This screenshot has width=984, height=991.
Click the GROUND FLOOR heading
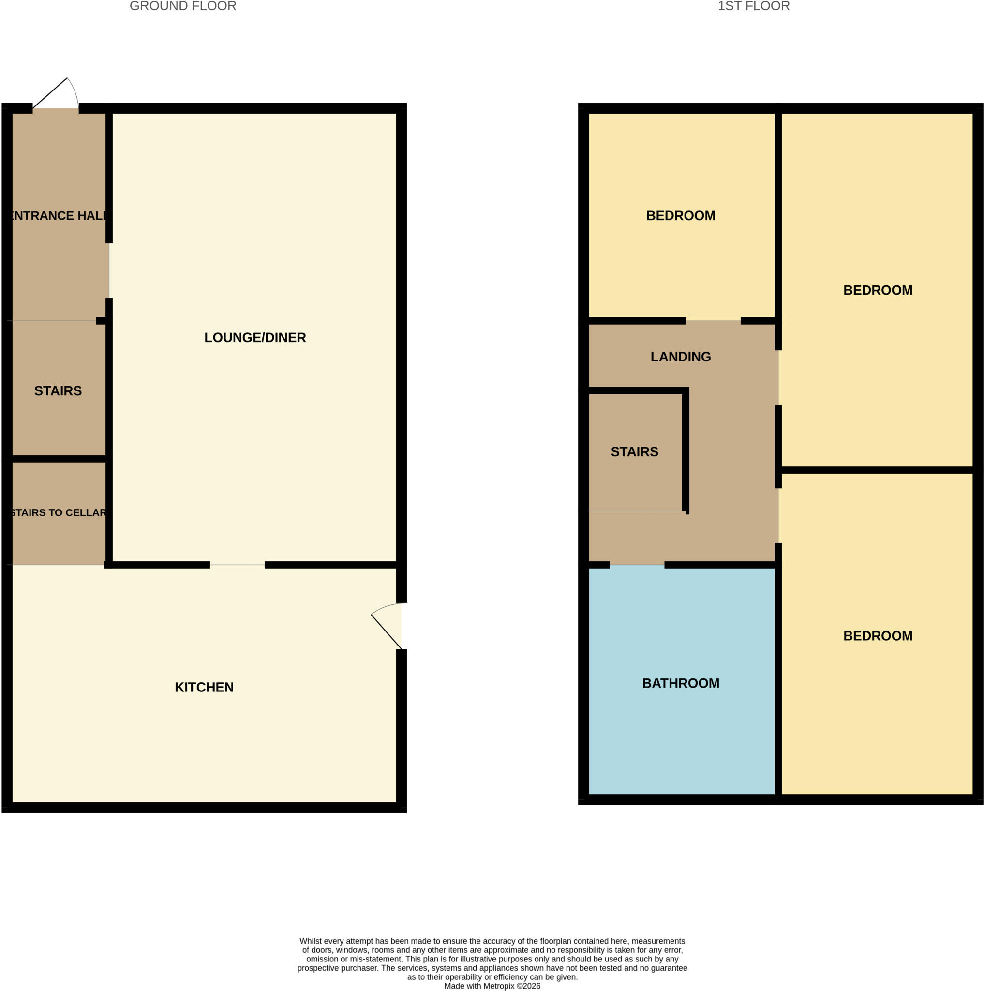(182, 6)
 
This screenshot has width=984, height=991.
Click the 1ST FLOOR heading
(753, 6)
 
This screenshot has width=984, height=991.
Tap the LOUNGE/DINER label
(255, 338)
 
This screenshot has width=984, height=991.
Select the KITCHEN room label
(204, 687)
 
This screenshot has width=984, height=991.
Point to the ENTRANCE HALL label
(59, 215)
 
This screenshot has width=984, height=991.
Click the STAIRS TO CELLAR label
(58, 512)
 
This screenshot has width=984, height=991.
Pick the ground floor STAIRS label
(58, 391)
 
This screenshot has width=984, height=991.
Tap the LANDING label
(681, 357)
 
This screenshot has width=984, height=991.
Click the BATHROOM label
(681, 683)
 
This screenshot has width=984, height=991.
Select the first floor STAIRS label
(634, 451)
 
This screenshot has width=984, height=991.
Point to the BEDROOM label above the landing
(681, 215)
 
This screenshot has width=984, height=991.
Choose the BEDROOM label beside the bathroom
(878, 636)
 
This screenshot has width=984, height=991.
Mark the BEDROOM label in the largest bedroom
(878, 290)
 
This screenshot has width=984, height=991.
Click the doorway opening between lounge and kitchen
(238, 565)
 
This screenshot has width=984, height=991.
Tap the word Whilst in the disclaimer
(311, 941)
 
